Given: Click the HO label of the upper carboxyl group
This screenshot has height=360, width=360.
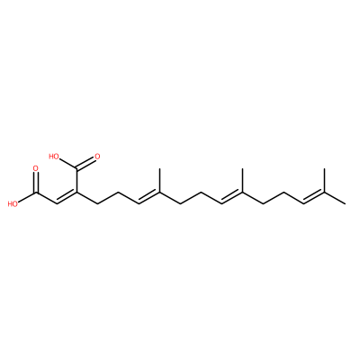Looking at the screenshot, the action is [54, 156].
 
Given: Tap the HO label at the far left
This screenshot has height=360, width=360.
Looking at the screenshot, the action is [13, 204].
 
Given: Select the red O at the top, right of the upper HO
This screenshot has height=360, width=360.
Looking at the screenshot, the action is [96, 157].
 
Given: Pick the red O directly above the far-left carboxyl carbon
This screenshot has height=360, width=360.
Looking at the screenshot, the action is [36, 168].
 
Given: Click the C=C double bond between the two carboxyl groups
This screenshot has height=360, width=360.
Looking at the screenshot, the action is [67, 197].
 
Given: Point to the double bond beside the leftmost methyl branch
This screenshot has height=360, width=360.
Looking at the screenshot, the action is [149, 197].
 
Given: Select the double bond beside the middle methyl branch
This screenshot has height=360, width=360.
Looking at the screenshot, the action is [231, 197].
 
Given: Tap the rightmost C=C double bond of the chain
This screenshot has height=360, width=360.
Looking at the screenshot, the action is [314, 197].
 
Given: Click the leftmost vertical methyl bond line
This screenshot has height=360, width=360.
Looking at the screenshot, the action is [159, 180].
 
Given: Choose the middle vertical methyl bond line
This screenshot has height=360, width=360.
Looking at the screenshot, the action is [241, 180].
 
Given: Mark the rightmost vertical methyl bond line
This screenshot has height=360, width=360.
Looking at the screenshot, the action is [324, 180].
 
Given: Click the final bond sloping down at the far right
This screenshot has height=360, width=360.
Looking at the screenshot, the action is [335, 198].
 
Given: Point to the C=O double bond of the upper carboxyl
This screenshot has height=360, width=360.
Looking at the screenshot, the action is [85, 163].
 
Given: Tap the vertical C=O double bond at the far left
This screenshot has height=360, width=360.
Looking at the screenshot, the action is [36, 183].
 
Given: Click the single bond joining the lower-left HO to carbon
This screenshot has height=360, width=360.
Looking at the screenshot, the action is [27, 197].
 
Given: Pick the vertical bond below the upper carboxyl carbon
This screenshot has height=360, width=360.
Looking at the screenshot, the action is [77, 180].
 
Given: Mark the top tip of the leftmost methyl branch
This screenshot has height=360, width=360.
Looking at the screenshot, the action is [159, 168].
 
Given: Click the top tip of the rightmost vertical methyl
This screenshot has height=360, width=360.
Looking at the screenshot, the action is [324, 168].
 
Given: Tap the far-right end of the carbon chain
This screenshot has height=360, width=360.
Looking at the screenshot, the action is [346, 204].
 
